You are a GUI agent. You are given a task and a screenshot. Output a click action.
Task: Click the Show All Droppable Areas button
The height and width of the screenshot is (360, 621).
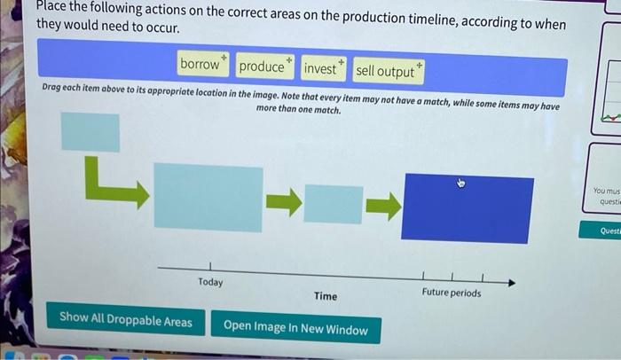[125, 320]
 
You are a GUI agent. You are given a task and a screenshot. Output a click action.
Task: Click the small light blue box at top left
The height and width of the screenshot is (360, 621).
[90, 132]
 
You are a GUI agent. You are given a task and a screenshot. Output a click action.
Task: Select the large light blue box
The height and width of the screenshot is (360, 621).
[208, 196]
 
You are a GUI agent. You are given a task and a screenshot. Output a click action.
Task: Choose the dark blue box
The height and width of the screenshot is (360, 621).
[468, 209]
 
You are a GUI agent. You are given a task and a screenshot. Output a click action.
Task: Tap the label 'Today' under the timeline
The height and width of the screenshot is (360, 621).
[210, 282]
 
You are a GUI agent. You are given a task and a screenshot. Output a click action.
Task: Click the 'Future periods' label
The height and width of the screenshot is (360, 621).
[452, 293]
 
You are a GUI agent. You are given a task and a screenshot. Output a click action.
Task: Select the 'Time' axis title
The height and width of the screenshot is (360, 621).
[326, 296]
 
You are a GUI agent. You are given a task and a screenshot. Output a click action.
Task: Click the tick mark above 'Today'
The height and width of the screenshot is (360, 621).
[210, 264]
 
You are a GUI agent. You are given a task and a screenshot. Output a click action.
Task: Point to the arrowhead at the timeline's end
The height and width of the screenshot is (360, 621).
[510, 283]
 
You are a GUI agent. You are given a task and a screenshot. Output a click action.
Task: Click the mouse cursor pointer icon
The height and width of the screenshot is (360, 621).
[461, 184]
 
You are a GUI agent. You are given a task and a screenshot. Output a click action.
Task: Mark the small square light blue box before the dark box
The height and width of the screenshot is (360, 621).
[333, 204]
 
